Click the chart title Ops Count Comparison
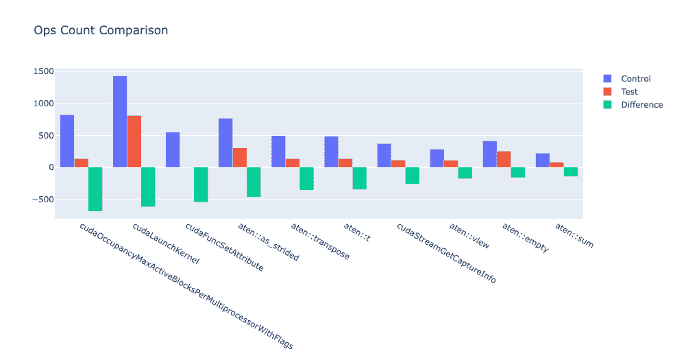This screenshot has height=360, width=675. point(101,30)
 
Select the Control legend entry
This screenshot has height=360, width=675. point(635,79)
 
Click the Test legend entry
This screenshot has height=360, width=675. point(628,92)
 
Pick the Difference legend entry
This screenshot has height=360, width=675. point(641,105)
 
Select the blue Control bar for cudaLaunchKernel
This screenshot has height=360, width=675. point(120,121)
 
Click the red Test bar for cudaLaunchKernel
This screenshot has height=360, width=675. point(134,141)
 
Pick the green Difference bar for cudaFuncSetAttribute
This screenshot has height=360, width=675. point(201,184)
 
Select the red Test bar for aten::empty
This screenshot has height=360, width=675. point(504,159)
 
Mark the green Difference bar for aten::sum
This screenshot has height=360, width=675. point(571,171)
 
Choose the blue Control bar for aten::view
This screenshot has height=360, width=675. point(437,158)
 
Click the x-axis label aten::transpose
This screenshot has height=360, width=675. point(319,241)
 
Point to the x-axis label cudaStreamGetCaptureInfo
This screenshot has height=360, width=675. point(445,252)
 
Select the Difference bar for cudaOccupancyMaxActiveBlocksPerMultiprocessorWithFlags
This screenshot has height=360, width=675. point(95,189)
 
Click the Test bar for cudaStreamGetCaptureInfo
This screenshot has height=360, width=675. point(398,164)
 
